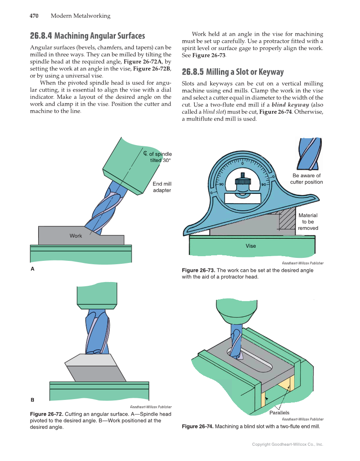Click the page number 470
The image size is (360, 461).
tap(34, 16)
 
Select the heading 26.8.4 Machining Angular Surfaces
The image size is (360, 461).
tap(87, 36)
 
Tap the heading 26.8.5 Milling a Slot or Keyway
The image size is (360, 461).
tap(232, 72)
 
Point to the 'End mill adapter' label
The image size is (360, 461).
tap(162, 187)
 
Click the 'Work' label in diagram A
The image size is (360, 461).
tap(76, 236)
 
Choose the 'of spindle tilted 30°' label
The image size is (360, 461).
tap(158, 157)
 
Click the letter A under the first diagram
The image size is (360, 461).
tap(32, 269)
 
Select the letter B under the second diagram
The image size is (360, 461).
tap(32, 400)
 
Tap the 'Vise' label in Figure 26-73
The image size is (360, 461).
tap(251, 246)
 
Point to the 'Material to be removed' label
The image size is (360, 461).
tap(308, 222)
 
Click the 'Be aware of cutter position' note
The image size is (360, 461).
tap(306, 179)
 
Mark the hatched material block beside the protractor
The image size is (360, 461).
tap(287, 220)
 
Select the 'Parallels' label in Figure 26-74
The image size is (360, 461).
tap(279, 413)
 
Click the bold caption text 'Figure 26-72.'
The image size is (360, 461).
tap(47, 414)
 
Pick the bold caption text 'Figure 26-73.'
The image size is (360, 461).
tap(198, 271)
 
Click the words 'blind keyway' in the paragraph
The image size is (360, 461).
tap(290, 105)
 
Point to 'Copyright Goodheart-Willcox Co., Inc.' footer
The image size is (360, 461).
tap(287, 444)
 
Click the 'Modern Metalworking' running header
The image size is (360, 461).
tap(80, 16)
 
